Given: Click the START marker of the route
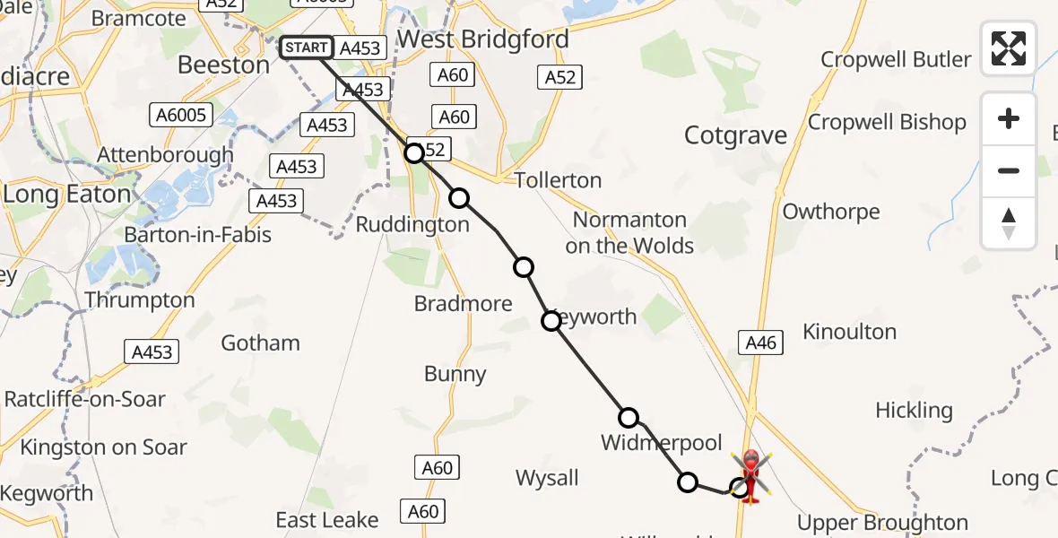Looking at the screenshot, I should (307, 48).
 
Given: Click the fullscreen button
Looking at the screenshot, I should (1009, 48).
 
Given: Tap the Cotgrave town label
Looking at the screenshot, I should (735, 135).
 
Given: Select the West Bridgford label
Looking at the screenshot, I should (482, 39).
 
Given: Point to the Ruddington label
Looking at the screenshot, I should (412, 224).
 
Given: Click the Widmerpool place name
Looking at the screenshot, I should (662, 442).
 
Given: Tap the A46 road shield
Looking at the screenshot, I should (759, 342).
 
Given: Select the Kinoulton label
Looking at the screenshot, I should (849, 332).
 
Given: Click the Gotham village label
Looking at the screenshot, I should (260, 343).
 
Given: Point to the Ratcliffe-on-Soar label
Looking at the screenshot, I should (85, 398).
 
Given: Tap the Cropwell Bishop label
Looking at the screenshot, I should (887, 122).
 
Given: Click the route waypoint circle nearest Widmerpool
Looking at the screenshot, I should (629, 417).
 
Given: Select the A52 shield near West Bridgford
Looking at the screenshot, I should (559, 78).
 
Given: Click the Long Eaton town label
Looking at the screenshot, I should (67, 193).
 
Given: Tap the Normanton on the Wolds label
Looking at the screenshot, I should (629, 232).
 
